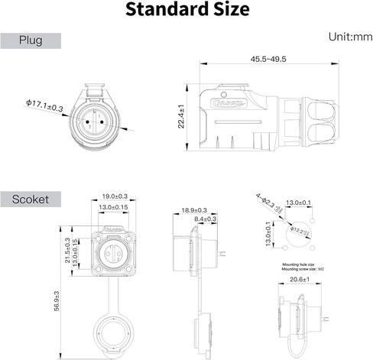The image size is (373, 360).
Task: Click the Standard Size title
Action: coord(186,11)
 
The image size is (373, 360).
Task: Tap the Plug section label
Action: coord(31,41)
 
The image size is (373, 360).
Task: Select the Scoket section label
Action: coord(31,199)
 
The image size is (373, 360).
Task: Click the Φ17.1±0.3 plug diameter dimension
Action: coord(44,106)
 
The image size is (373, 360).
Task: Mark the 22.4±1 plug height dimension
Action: coord(181,117)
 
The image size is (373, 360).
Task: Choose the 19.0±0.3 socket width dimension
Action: coord(115,196)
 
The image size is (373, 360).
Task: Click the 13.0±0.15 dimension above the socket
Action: coord(115,207)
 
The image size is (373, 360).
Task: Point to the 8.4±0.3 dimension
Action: coord(205,219)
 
